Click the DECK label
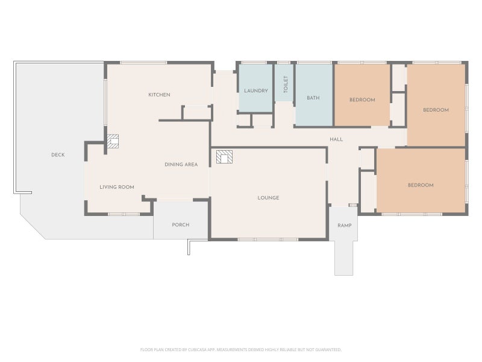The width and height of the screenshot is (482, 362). (x=58, y=155)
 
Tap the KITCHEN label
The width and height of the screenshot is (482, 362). (x=159, y=95)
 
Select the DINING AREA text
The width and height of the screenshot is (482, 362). (x=181, y=165)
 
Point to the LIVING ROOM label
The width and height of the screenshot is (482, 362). (x=117, y=187)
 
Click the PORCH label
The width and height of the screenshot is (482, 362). (x=180, y=225)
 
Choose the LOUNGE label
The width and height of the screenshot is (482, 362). (x=268, y=198)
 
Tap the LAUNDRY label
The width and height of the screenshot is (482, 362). (x=256, y=91)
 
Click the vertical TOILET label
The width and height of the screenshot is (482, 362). (x=286, y=84)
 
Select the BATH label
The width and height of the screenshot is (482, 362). (x=313, y=98)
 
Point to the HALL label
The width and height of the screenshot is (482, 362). (x=336, y=139)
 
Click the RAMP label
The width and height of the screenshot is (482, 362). (x=344, y=226)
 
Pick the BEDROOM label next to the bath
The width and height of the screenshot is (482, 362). (x=362, y=100)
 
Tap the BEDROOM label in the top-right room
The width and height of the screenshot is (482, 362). (x=436, y=110)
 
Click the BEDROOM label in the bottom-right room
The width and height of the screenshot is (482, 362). (x=421, y=185)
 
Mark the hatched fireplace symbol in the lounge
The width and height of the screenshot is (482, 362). (x=224, y=157)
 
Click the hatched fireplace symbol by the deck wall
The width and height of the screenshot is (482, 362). (x=113, y=141)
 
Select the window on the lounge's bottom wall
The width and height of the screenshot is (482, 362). (x=268, y=239)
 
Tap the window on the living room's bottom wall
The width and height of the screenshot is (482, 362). (x=124, y=214)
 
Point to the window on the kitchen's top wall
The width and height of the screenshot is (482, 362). (x=143, y=63)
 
